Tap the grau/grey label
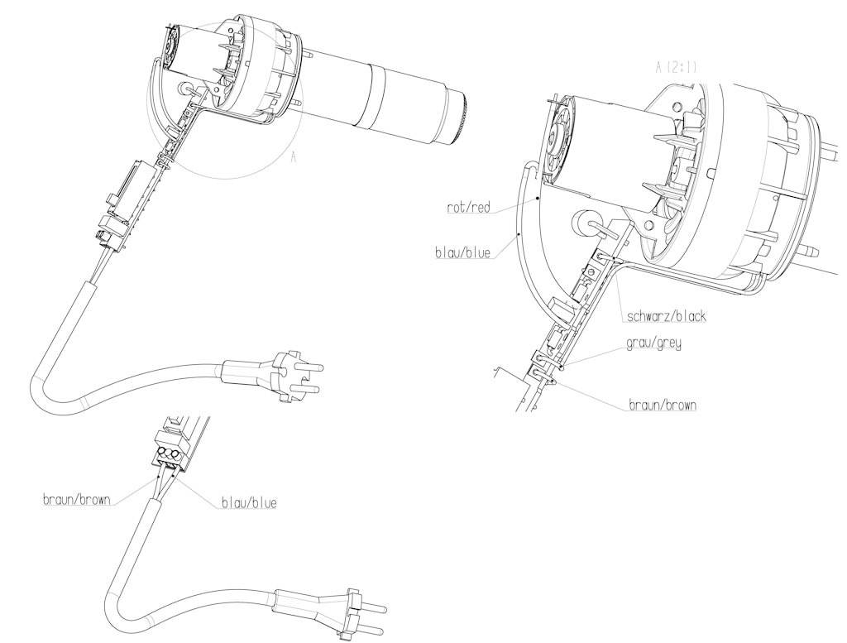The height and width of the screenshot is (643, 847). (x=653, y=343)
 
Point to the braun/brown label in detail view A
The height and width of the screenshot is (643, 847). (x=661, y=405)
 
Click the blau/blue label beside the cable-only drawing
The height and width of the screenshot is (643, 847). (x=248, y=502)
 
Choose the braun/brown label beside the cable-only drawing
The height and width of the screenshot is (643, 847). (x=78, y=500)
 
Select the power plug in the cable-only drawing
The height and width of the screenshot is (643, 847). (x=356, y=612)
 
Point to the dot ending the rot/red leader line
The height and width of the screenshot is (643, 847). (x=538, y=199)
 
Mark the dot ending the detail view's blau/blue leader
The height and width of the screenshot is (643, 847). (x=519, y=236)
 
